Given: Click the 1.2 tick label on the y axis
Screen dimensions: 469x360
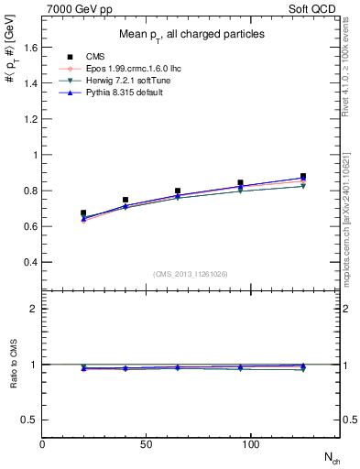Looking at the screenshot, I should click(29, 119).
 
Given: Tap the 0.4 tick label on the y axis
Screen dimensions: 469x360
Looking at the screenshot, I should click(29, 262).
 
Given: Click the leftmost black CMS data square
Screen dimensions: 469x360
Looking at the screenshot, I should click(84, 213).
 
